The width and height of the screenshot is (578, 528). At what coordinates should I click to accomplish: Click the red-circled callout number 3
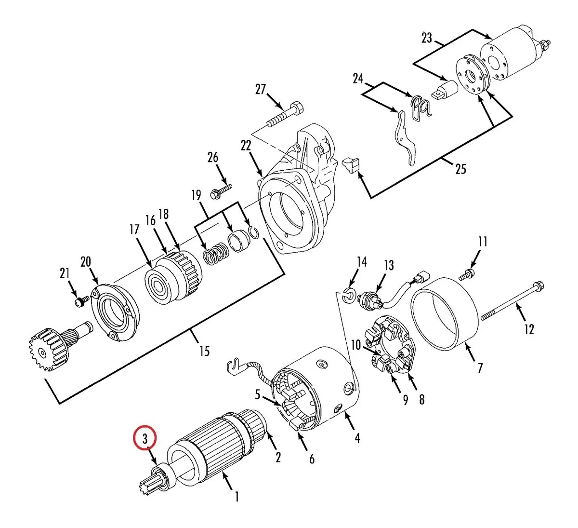145,439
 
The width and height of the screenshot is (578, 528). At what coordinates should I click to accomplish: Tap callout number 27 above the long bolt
261,89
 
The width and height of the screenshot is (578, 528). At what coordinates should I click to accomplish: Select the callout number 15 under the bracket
204,351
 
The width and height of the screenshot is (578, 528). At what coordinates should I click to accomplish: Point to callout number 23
427,38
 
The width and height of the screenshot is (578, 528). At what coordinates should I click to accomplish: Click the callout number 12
529,329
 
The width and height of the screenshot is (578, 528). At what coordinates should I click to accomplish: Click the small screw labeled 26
221,191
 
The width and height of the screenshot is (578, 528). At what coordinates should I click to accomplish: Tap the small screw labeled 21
80,302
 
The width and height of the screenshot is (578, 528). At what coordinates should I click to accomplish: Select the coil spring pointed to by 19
215,253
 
